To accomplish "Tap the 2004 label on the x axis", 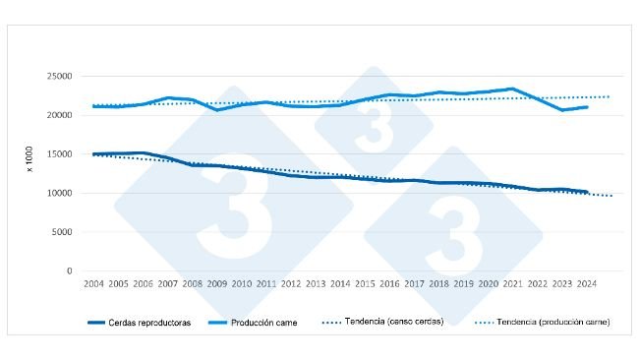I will tap(94, 284).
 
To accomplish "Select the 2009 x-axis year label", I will tap(217, 284).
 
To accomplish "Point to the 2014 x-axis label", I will tap(340, 284).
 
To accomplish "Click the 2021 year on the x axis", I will tap(512, 284).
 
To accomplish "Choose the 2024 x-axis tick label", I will tap(586, 284).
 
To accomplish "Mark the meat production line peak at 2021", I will tap(512, 89).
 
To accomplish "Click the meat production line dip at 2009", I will tap(217, 109).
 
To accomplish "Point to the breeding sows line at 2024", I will tap(586, 192).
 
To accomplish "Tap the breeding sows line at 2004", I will tap(94, 153).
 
